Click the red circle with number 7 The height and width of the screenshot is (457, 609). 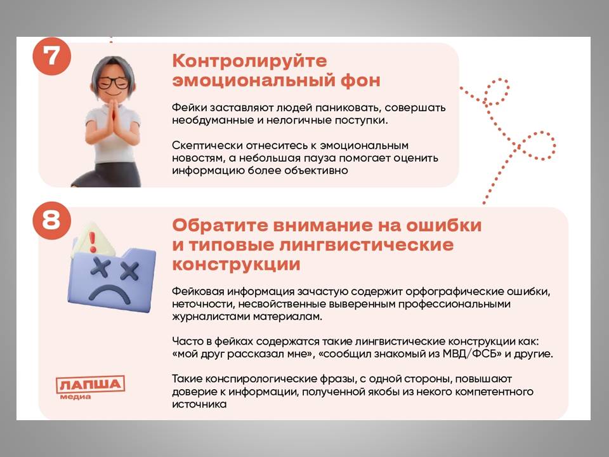(51, 56)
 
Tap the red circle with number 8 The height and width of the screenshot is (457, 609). (51, 220)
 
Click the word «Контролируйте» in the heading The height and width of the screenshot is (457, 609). (250, 62)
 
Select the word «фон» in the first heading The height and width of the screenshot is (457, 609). (360, 81)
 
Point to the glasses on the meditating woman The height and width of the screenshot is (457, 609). (113, 83)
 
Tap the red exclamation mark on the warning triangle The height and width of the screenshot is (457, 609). (93, 242)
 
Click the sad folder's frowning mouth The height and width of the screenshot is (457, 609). (110, 294)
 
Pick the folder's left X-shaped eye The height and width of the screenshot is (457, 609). (101, 268)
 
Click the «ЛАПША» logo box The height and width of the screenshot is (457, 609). (90, 385)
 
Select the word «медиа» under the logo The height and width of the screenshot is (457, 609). (75, 397)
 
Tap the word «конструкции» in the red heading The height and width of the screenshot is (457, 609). (236, 265)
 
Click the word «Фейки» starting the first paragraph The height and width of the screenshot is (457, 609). (186, 108)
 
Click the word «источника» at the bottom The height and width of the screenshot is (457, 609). (199, 404)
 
